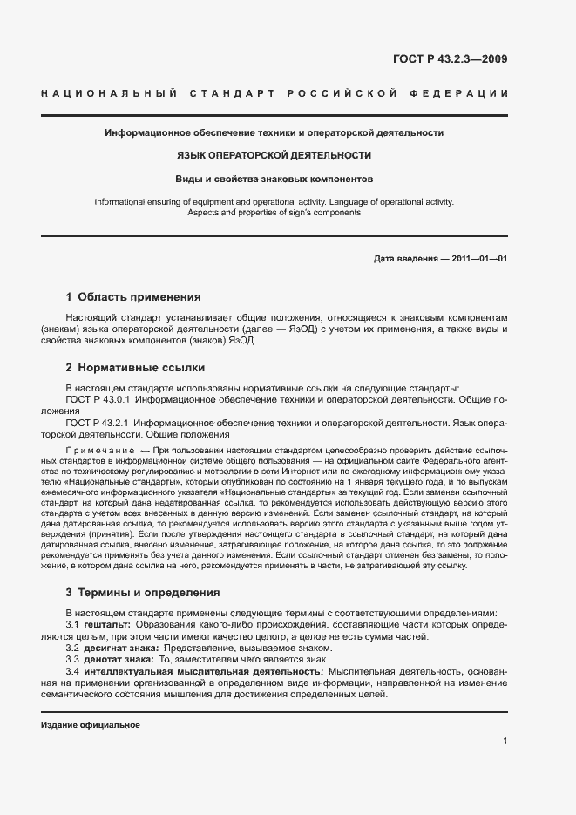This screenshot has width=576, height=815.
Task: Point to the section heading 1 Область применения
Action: click(133, 296)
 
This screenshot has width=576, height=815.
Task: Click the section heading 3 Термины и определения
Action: click(143, 592)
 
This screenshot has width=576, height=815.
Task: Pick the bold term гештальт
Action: click(106, 625)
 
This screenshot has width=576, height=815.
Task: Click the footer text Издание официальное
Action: click(91, 725)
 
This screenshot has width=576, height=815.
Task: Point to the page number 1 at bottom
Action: click(505, 741)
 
